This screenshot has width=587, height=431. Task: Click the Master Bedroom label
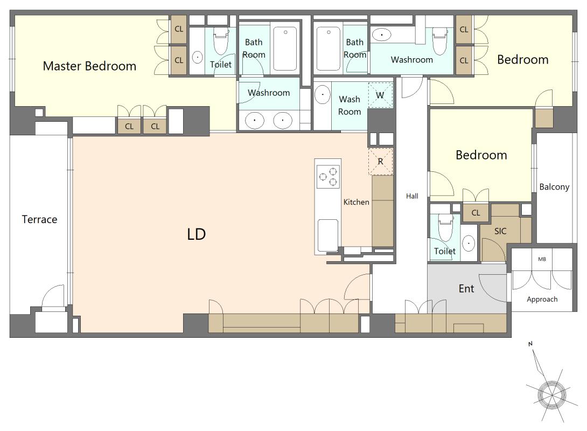tap(89, 66)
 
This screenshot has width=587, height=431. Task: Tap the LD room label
tap(196, 234)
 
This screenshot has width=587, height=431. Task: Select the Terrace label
tap(39, 219)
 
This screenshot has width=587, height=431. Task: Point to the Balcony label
tap(554, 187)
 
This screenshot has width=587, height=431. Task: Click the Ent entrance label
tap(466, 288)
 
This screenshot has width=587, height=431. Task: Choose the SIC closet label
tap(500, 231)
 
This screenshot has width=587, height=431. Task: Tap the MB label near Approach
tap(542, 259)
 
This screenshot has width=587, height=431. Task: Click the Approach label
tap(542, 299)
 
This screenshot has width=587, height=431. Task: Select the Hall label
tap(412, 196)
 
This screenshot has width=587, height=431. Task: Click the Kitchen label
tap(356, 202)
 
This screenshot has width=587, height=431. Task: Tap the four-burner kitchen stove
tap(329, 176)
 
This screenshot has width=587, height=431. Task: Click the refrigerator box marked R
tap(380, 162)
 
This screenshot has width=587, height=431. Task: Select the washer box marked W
tap(380, 95)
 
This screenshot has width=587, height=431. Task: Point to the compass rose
tap(551, 394)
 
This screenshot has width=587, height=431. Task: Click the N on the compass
tap(530, 344)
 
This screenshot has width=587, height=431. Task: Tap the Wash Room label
tap(350, 105)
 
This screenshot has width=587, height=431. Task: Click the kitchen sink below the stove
tap(328, 235)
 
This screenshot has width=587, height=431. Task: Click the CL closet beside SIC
tap(476, 213)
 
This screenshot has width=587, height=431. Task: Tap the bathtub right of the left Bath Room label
tap(285, 48)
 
